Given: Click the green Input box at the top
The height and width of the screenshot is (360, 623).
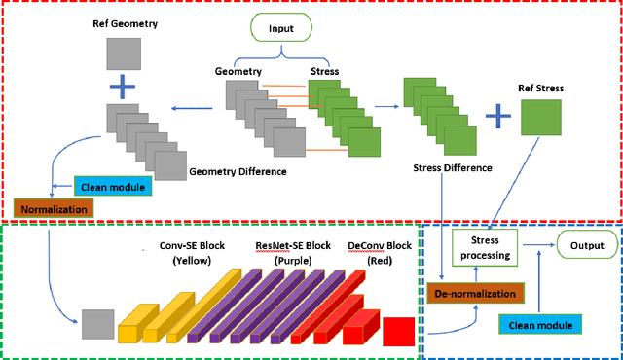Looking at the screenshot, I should click(281, 29).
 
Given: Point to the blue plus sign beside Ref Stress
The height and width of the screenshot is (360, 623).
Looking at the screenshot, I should click(497, 116).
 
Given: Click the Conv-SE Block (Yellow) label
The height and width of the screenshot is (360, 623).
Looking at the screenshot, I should click(192, 253).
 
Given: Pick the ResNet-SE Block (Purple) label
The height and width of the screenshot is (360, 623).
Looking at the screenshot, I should click(293, 253).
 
